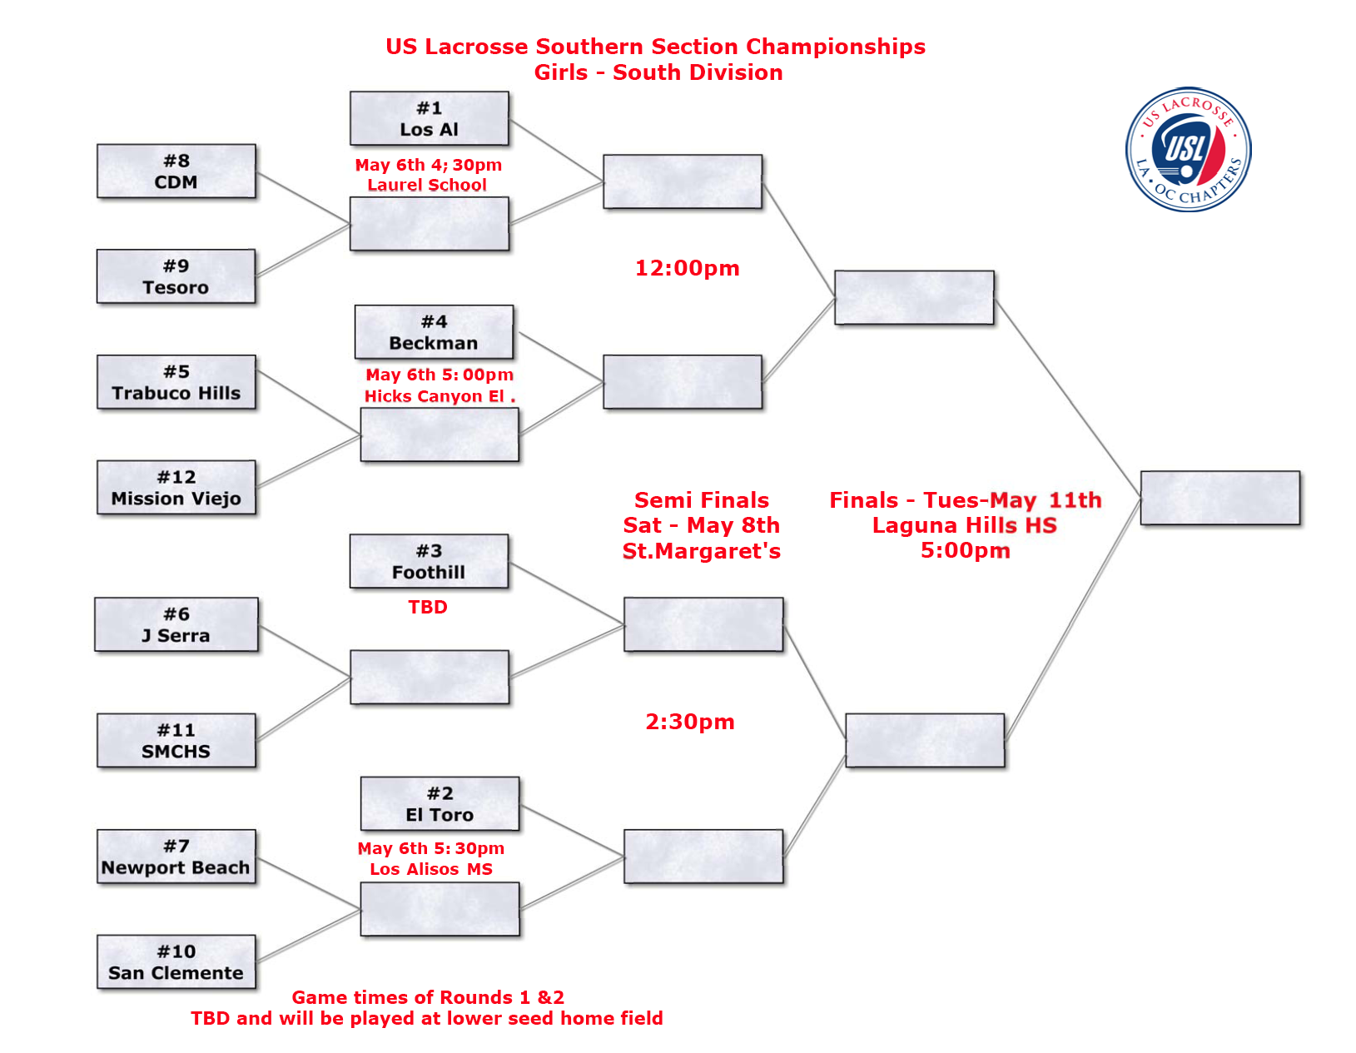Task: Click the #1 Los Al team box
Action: click(429, 119)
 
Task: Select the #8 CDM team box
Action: click(176, 171)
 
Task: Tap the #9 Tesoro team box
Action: click(176, 276)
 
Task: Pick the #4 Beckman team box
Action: click(434, 332)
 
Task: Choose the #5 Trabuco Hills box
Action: click(176, 382)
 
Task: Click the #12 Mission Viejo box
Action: click(176, 488)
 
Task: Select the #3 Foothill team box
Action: click(429, 562)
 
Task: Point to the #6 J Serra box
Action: click(176, 624)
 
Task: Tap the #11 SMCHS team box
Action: click(176, 740)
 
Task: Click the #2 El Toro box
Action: click(440, 804)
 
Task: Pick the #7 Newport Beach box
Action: click(176, 857)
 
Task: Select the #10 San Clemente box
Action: click(176, 962)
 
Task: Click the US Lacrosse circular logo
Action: click(1188, 150)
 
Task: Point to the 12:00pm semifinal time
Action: click(687, 268)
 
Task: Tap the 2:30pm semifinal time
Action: click(690, 722)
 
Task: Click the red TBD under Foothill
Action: click(428, 608)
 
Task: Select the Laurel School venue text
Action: click(427, 185)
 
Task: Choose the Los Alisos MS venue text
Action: click(431, 869)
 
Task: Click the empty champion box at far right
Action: click(1219, 498)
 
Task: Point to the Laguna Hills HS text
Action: click(964, 525)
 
